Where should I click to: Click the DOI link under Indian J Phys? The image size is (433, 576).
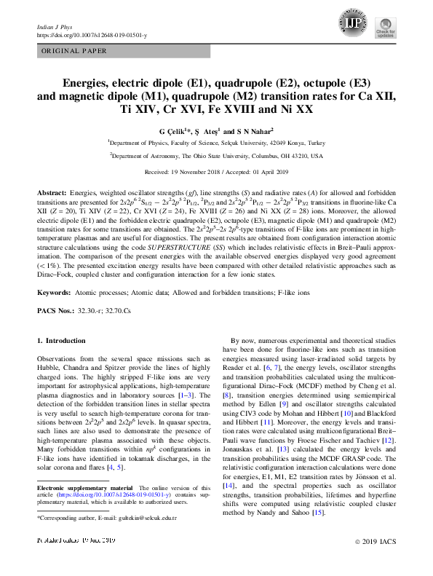(x=91, y=35)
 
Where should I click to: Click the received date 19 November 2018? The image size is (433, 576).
(x=191, y=172)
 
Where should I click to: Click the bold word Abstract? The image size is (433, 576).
(x=52, y=189)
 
